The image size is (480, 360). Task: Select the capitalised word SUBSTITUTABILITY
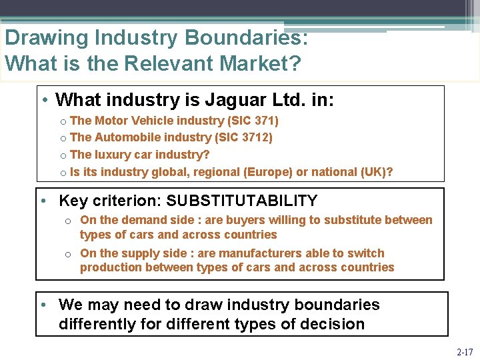[242, 201]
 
